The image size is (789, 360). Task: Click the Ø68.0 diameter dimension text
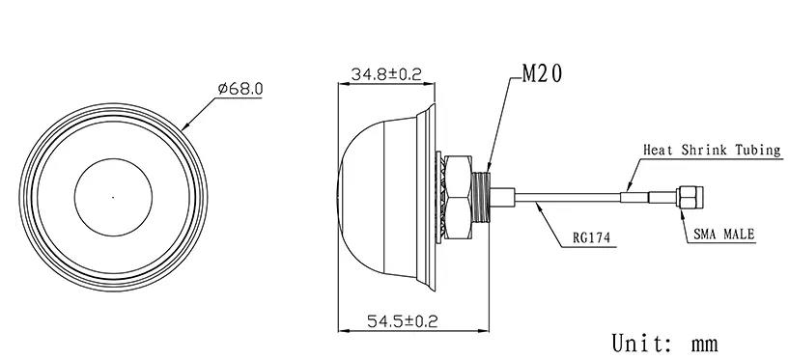[240, 89]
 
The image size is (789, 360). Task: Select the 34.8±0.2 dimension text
[386, 74]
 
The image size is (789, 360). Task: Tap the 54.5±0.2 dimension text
[403, 320]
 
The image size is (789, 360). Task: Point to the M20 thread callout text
[542, 74]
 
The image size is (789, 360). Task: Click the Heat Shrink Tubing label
[712, 150]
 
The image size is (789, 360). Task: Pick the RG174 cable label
[591, 237]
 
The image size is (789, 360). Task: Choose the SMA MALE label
[723, 234]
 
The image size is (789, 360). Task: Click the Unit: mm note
[664, 344]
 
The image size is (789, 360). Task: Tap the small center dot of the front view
[113, 197]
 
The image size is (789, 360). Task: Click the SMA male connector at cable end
[690, 197]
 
